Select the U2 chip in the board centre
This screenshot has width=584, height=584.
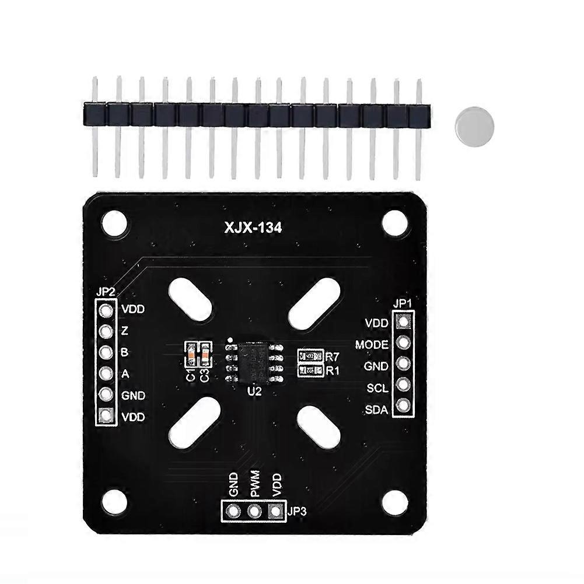tap(253, 363)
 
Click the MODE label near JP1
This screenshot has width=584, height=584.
tap(372, 345)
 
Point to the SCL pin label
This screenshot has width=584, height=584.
tap(377, 388)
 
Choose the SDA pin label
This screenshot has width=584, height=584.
tap(376, 410)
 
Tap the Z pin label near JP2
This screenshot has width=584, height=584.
tap(125, 331)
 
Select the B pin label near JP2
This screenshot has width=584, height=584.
tap(125, 352)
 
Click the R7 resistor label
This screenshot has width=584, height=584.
tap(333, 356)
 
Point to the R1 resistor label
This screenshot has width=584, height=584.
tap(333, 370)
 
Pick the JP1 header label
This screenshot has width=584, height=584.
tap(403, 303)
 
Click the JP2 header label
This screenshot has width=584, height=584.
tap(104, 292)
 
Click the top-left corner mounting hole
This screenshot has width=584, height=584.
tap(114, 223)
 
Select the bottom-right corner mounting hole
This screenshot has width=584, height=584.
tap(394, 502)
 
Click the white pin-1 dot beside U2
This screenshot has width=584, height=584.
tap(231, 340)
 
